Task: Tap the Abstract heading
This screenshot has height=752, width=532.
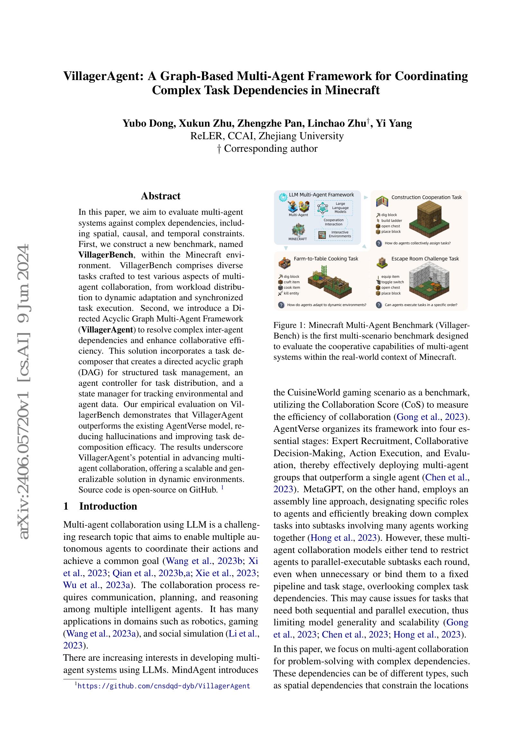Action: pyautogui.click(x=161, y=196)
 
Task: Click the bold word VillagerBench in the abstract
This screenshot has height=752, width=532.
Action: pyautogui.click(x=106, y=255)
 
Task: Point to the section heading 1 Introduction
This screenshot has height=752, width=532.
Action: pyautogui.click(x=100, y=506)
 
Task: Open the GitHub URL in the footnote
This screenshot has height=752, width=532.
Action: pyautogui.click(x=164, y=686)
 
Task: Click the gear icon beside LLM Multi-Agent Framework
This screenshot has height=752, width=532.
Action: pyautogui.click(x=282, y=197)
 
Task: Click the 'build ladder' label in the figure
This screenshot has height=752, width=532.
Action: pyautogui.click(x=391, y=221)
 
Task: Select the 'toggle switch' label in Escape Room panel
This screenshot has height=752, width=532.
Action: pyautogui.click(x=392, y=282)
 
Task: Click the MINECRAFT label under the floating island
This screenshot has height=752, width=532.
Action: pyautogui.click(x=298, y=239)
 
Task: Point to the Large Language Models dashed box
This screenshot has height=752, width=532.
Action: pyautogui.click(x=334, y=208)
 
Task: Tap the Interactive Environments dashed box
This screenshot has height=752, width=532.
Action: pyautogui.click(x=334, y=234)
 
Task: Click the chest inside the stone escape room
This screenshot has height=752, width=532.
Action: pyautogui.click(x=437, y=287)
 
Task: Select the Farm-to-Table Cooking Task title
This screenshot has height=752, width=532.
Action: pyautogui.click(x=326, y=259)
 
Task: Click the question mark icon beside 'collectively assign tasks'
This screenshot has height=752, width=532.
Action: pyautogui.click(x=379, y=243)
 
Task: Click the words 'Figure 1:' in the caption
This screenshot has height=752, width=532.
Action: pyautogui.click(x=289, y=325)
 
